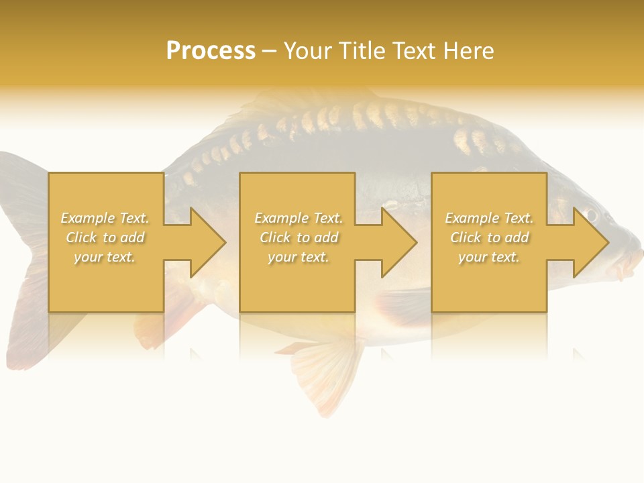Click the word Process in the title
211,51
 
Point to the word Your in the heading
308,51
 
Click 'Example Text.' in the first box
105,218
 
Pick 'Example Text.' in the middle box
299,218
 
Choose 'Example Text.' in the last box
489,218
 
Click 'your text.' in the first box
105,257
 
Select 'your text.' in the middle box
299,257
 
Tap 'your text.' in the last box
489,257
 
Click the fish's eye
590,215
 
